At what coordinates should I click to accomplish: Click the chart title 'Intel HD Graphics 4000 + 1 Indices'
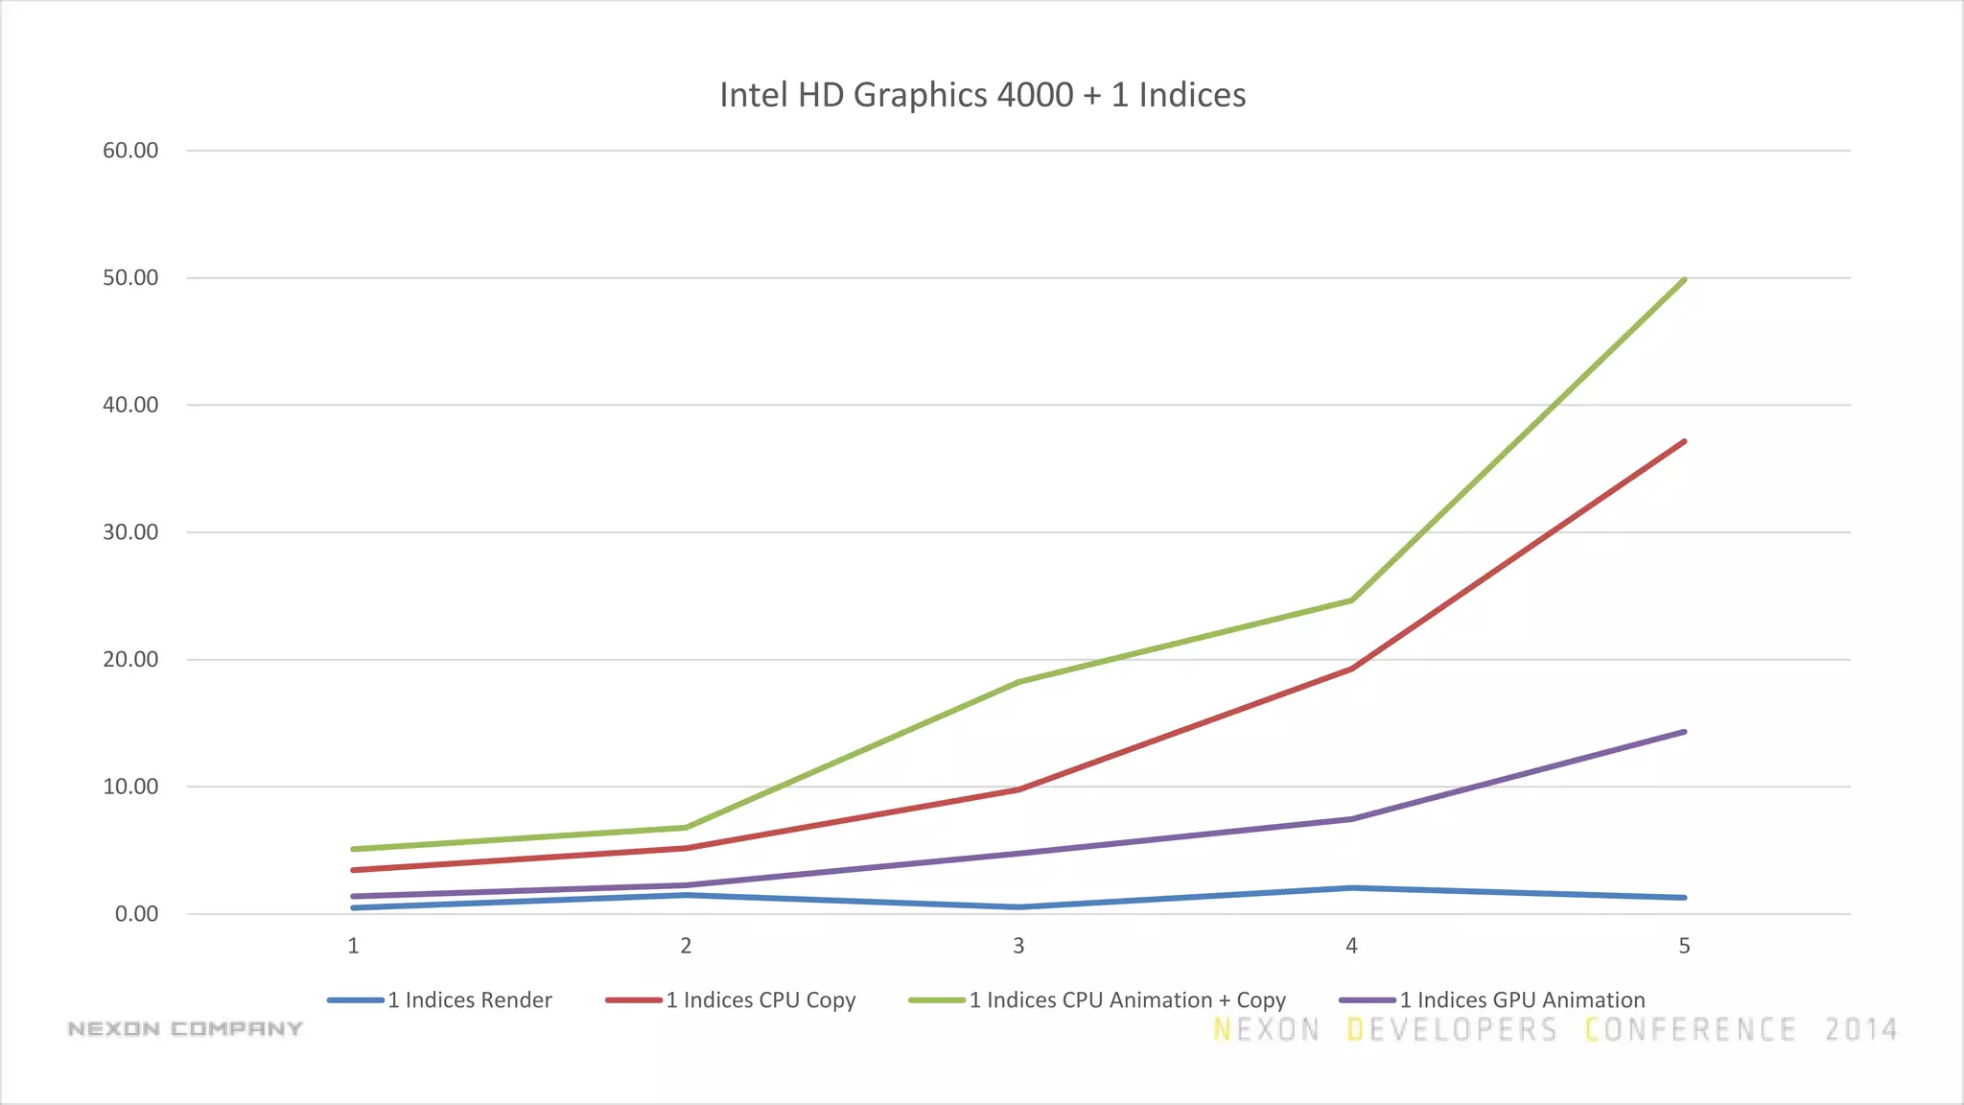[x=982, y=95]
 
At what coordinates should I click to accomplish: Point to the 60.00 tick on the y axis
[x=130, y=151]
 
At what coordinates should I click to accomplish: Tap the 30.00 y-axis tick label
[x=130, y=532]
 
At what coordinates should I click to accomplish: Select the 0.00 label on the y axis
[x=136, y=914]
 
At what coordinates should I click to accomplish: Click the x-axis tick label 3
[x=1018, y=946]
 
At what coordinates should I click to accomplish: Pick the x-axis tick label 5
[x=1684, y=946]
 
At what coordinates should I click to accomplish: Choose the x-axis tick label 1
[x=353, y=946]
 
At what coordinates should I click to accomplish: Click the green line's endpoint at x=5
[x=1684, y=280]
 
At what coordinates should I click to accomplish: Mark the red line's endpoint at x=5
[x=1684, y=442]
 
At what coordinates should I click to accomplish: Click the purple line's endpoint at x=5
[x=1684, y=732]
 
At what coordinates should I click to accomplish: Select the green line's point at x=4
[x=1351, y=600]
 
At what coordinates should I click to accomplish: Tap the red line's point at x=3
[x=1018, y=789]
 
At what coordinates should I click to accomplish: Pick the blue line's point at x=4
[x=1351, y=888]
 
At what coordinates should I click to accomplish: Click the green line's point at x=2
[x=686, y=828]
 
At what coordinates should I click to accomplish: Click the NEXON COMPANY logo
[x=185, y=1029]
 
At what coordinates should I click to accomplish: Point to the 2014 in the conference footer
[x=1860, y=1030]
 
